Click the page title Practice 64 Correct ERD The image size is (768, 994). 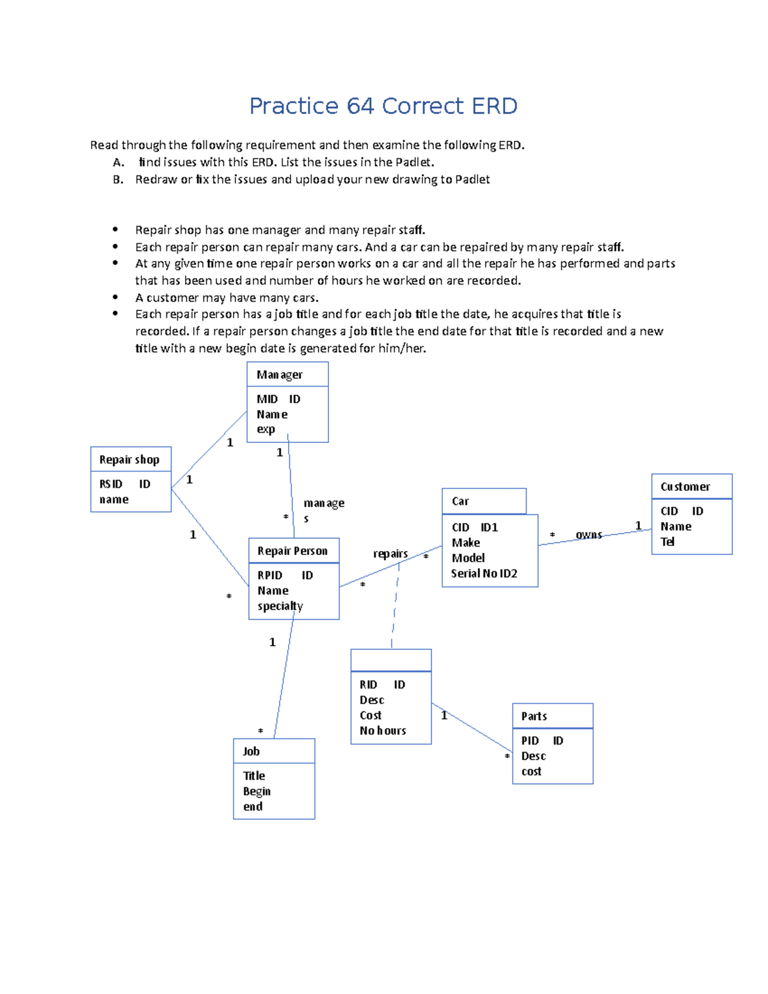pos(383,106)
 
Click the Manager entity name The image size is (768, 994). pos(280,375)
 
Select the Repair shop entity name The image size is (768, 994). pos(129,460)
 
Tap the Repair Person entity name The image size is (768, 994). pos(292,551)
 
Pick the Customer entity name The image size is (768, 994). pos(685,487)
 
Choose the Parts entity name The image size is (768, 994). pos(534,716)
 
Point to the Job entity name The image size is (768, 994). pos(251,751)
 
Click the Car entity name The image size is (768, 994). pos(460,501)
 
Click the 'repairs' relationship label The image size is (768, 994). pos(390,554)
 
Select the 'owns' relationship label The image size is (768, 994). pos(589,534)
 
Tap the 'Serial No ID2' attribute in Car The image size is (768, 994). pos(484,573)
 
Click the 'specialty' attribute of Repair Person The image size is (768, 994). pos(280,606)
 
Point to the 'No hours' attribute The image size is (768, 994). pos(383,731)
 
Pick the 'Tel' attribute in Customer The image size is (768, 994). pos(668,542)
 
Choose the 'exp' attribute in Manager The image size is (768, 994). pos(266,429)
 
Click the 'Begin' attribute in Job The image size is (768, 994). pos(257,791)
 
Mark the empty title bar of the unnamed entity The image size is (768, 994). pos(391,661)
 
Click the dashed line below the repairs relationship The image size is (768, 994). pos(395,605)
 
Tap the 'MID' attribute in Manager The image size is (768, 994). pos(267,399)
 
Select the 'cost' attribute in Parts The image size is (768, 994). pos(531,772)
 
